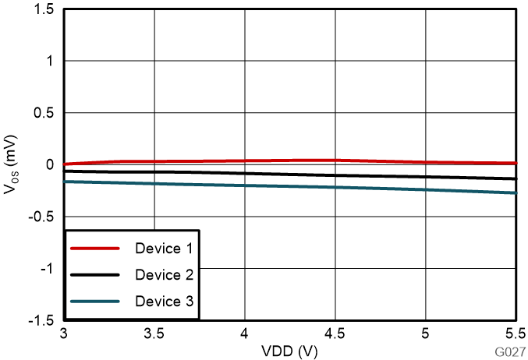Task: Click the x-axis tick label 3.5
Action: [x=154, y=334]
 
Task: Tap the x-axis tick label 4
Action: [x=245, y=334]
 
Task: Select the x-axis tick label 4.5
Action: [x=335, y=334]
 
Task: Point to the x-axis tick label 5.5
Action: [x=515, y=334]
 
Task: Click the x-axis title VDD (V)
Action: [x=290, y=351]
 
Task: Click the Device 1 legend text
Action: [x=164, y=249]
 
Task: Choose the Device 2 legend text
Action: [x=164, y=275]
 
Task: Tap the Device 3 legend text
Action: [x=164, y=302]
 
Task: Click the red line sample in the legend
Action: [x=94, y=249]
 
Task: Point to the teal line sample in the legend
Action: [x=94, y=302]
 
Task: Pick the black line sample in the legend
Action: [x=94, y=275]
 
